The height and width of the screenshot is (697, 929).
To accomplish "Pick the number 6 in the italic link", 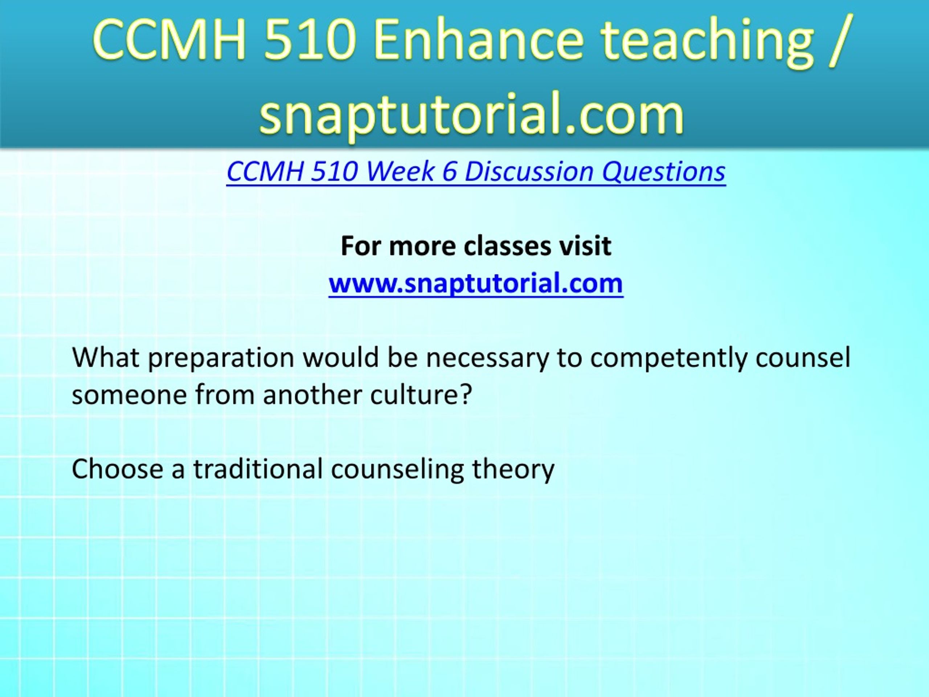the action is (x=449, y=171).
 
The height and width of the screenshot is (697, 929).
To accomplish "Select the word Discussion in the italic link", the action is (x=529, y=171).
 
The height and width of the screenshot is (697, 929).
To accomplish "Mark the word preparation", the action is (x=221, y=358).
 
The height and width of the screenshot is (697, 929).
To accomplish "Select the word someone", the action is (x=129, y=396).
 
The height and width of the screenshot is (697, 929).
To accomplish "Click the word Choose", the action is (x=117, y=469).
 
